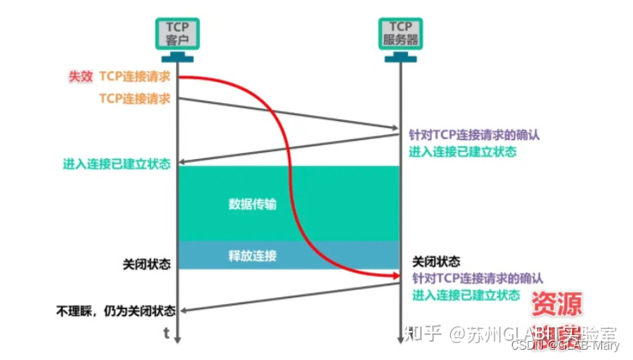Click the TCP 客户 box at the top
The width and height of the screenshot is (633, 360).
pos(177,33)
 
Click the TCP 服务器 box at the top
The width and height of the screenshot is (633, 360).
pos(401,33)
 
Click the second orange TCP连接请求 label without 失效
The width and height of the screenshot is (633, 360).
pos(135,99)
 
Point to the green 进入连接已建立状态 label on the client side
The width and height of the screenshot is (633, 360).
pos(117,163)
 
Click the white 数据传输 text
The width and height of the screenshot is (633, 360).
pos(253,204)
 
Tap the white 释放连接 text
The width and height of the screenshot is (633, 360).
pos(253,255)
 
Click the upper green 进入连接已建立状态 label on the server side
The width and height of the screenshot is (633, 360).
pos(463,151)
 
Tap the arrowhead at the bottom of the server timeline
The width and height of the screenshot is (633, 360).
pos(401,340)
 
